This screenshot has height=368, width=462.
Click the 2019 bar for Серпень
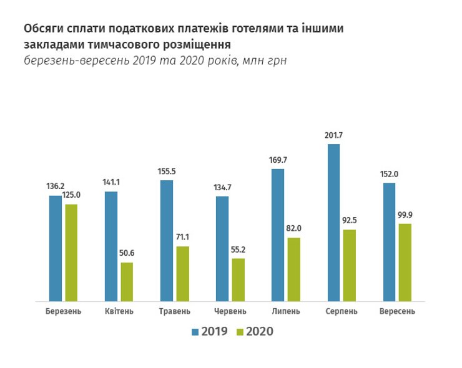tap(333, 223)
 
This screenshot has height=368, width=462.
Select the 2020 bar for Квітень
tap(127, 282)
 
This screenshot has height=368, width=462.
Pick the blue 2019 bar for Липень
tap(278, 235)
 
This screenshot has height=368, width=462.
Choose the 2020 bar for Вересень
tap(405, 262)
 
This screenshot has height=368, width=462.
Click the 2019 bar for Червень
tap(222, 249)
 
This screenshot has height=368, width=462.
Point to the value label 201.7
tap(333, 136)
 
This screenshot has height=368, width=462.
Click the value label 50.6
tap(127, 254)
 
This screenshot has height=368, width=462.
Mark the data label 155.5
tap(167, 172)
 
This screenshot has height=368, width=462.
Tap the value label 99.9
tap(405, 215)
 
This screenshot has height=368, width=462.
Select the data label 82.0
tap(295, 229)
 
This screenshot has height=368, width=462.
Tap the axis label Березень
tap(63, 311)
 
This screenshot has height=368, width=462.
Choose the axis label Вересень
tap(397, 311)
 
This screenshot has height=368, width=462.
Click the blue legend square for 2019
tap(195, 332)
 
